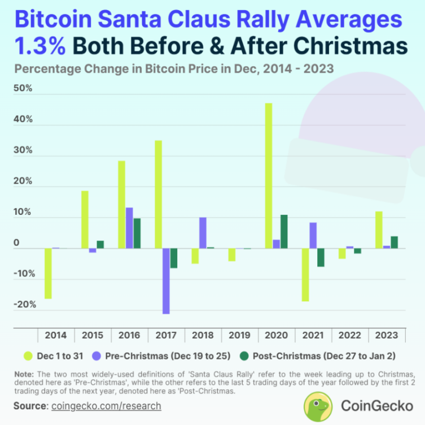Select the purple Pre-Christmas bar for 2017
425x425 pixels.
click(x=166, y=281)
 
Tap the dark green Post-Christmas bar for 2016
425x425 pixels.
click(x=137, y=233)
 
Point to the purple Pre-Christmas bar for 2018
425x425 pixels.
click(x=203, y=233)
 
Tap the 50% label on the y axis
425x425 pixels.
click(x=24, y=89)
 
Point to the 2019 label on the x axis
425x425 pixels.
click(x=240, y=335)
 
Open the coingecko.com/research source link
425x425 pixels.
click(x=106, y=406)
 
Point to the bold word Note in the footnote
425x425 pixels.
click(x=24, y=375)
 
